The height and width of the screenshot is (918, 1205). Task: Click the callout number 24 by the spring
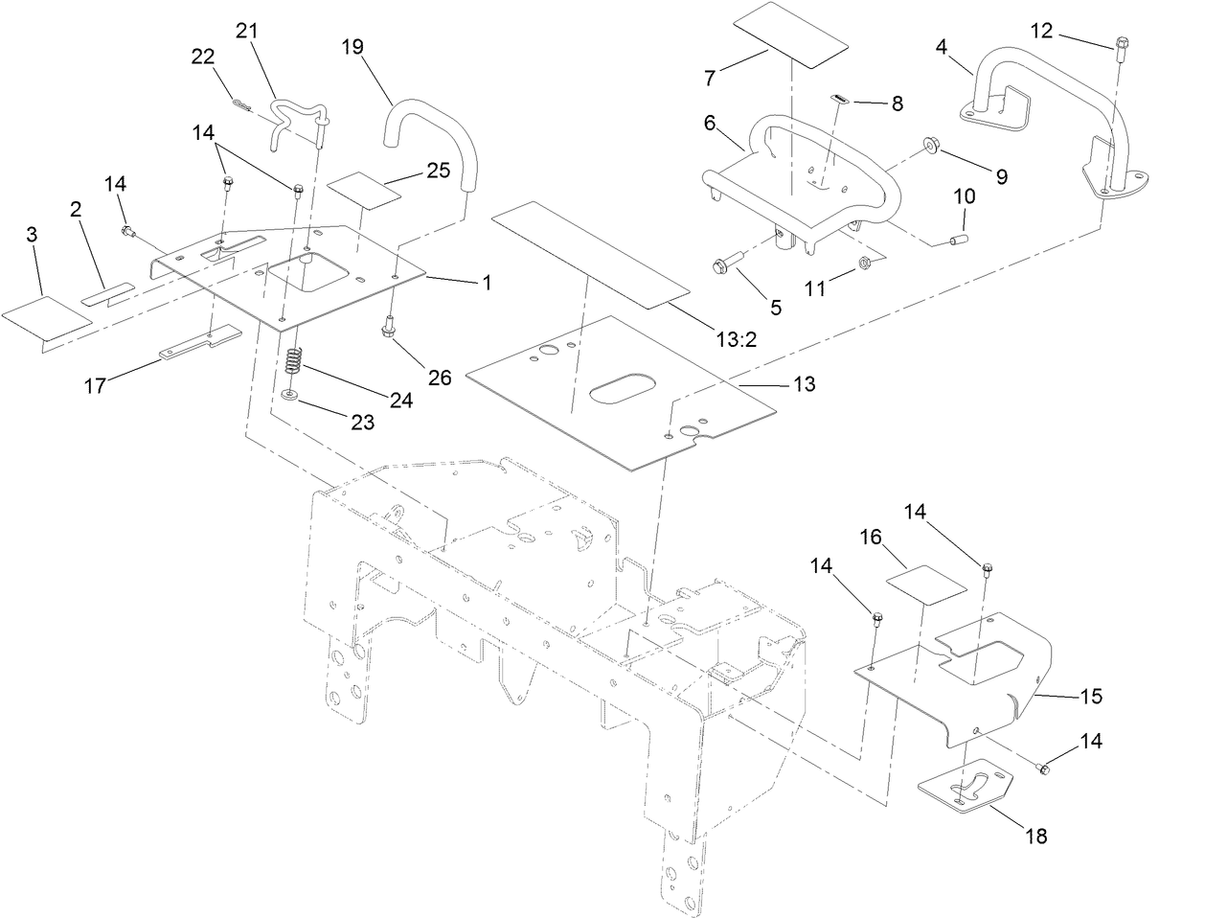(x=400, y=400)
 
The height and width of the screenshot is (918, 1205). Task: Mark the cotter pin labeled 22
(x=244, y=104)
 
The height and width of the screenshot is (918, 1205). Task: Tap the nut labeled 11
(x=862, y=262)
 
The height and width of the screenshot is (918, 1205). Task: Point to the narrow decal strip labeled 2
(x=108, y=292)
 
